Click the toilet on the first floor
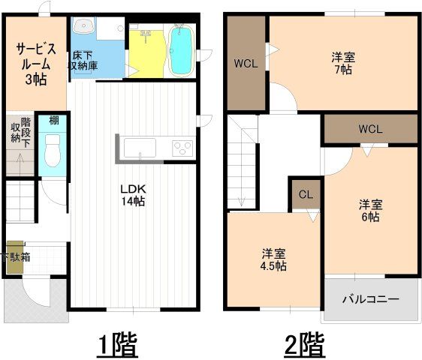(52, 153)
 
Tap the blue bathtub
(181, 50)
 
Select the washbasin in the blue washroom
(83, 28)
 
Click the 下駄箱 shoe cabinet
(15, 256)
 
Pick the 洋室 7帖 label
(342, 62)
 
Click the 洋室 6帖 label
(369, 210)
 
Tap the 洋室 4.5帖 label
(273, 259)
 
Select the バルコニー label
(371, 299)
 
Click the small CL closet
(306, 195)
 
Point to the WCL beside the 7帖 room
(246, 63)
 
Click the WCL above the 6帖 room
(370, 128)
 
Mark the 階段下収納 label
(20, 135)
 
